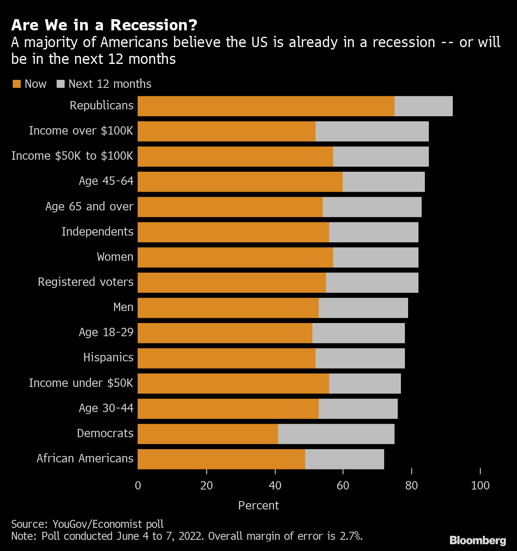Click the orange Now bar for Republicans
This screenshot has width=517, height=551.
pyautogui.click(x=266, y=106)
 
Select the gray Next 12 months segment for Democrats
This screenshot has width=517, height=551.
pyautogui.click(x=336, y=434)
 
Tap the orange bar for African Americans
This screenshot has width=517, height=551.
pyautogui.click(x=221, y=459)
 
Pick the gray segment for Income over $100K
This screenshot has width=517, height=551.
pyautogui.click(x=372, y=131)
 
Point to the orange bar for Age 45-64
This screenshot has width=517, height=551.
pyautogui.click(x=240, y=182)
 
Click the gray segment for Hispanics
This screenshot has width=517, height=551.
pyautogui.click(x=360, y=358)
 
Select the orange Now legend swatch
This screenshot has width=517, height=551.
pyautogui.click(x=17, y=84)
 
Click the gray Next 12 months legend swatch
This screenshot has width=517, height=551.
pyautogui.click(x=61, y=84)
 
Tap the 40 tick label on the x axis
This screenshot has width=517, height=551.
pyautogui.click(x=275, y=486)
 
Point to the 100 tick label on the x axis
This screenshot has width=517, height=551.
pyautogui.click(x=480, y=486)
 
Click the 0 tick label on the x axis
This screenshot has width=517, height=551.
pyautogui.click(x=138, y=486)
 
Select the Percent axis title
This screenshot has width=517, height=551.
pyautogui.click(x=258, y=505)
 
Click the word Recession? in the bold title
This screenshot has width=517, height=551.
pyautogui.click(x=154, y=25)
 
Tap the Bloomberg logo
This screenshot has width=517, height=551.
pyautogui.click(x=478, y=540)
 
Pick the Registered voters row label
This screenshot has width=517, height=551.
pyautogui.click(x=86, y=282)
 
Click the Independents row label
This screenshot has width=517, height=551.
pyautogui.click(x=97, y=232)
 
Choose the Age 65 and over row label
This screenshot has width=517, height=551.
pyautogui.click(x=89, y=206)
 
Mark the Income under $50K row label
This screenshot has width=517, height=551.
pyautogui.click(x=81, y=383)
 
